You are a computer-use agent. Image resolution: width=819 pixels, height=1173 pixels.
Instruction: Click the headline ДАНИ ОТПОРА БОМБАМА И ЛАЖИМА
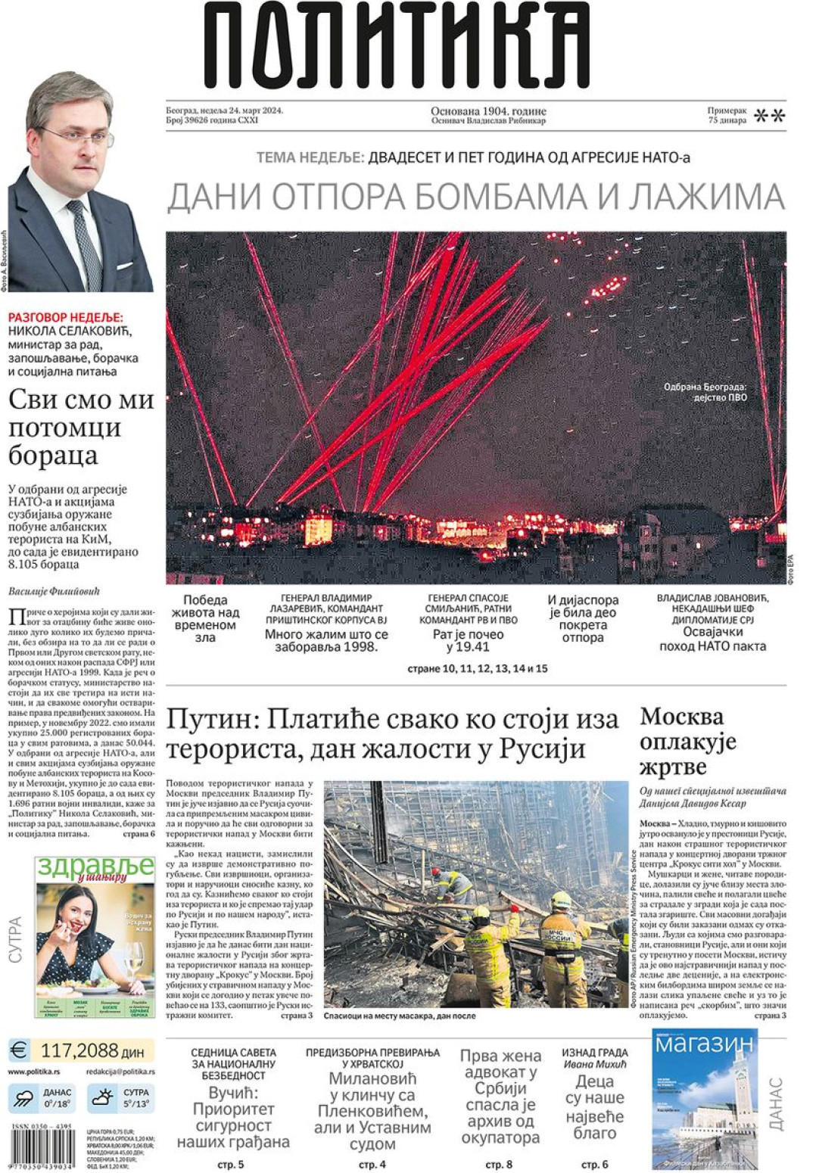475,197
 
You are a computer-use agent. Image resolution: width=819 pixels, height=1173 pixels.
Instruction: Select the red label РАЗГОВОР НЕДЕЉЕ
65,318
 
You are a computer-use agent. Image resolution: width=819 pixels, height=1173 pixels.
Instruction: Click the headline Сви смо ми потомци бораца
81,428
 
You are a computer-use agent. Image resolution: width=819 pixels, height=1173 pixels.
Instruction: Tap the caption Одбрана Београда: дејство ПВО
705,392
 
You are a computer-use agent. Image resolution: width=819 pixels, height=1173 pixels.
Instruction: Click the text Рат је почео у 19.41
468,640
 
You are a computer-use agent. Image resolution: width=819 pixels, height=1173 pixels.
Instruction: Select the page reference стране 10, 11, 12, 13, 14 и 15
477,669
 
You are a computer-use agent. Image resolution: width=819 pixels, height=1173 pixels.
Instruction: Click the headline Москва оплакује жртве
687,741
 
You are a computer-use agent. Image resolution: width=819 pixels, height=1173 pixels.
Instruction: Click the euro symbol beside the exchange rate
19,1050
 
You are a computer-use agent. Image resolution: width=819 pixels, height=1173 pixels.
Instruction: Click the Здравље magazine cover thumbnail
95,937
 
